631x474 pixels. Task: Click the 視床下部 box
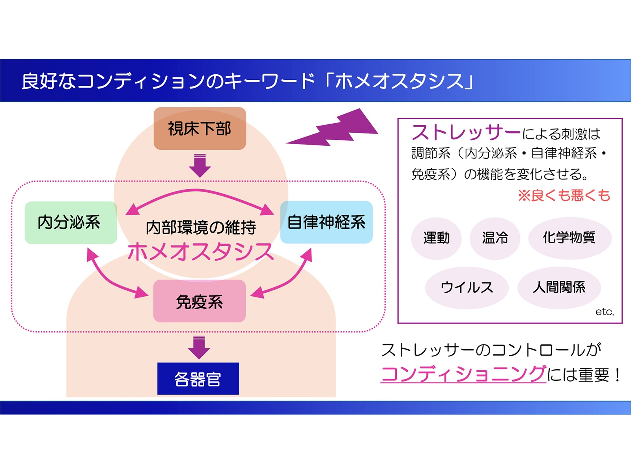point(200,128)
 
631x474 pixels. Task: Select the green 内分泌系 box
point(71,222)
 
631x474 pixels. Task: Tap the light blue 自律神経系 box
point(326,222)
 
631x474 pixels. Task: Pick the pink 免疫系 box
point(200,301)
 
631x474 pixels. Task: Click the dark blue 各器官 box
point(198,378)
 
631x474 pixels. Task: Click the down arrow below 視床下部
point(200,166)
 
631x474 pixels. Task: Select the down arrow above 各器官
point(199,347)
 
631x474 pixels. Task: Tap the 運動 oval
point(436,238)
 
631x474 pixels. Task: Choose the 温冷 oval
point(495,238)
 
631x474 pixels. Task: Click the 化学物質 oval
point(569,238)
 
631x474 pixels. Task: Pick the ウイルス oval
point(467,287)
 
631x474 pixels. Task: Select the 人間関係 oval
point(559,287)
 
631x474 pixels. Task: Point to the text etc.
point(604,312)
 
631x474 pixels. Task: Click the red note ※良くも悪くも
point(564,195)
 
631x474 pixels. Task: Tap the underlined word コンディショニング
point(463,374)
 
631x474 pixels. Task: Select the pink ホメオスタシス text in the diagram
point(200,252)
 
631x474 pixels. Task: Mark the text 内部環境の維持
point(201,227)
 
